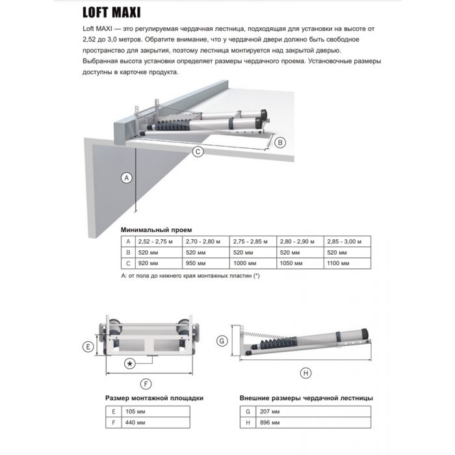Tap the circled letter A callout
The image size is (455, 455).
pos(127,177)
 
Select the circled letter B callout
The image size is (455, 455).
pos(279,142)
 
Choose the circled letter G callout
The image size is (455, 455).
pos(222,341)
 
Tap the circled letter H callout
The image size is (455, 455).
pos(306,372)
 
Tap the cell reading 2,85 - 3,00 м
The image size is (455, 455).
pos(344,240)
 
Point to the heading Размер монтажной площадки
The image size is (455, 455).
pos(154,398)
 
